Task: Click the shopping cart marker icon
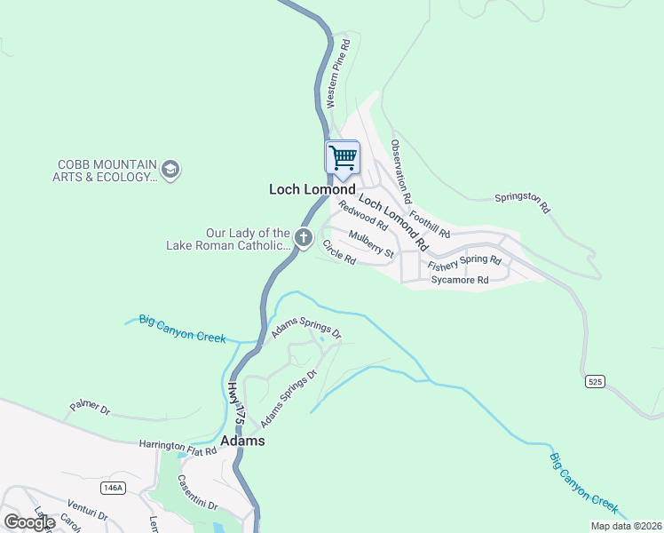[x=343, y=158]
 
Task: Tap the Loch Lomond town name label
[x=312, y=189]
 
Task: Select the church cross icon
[x=304, y=237]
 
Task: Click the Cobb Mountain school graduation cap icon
[x=170, y=169]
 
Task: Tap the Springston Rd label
[x=523, y=203]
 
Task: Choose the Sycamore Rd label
[x=460, y=280]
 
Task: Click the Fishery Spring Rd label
[x=464, y=263]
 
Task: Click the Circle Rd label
[x=339, y=252]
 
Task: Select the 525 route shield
[x=597, y=382]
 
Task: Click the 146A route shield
[x=113, y=488]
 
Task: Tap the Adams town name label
[x=241, y=441]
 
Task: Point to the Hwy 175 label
[x=234, y=406]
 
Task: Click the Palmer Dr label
[x=89, y=410]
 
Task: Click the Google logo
[x=29, y=521]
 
